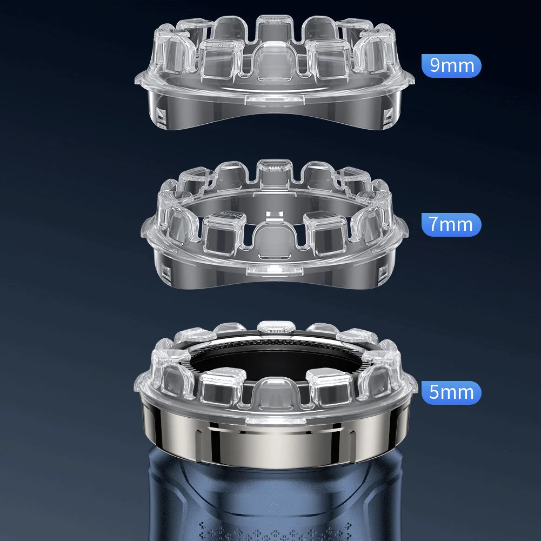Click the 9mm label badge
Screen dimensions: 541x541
451,65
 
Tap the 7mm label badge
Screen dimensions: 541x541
451,224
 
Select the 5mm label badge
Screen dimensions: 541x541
451,392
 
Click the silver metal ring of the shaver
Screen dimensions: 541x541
275,438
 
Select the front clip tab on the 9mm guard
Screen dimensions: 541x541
275,99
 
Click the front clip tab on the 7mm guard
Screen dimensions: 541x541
275,270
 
